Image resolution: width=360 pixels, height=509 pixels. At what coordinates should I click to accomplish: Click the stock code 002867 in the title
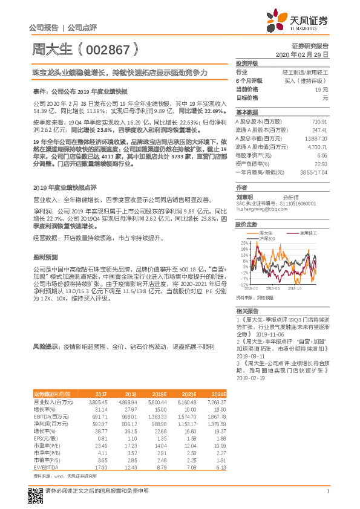click(x=106, y=49)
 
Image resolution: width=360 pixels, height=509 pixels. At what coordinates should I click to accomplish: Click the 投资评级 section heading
click(x=246, y=63)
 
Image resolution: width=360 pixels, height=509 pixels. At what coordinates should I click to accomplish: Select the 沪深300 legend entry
click(x=266, y=238)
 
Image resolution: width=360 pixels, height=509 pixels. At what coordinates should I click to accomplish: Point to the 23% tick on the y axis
click(x=243, y=243)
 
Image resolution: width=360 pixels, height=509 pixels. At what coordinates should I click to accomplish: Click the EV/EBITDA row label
click(x=45, y=450)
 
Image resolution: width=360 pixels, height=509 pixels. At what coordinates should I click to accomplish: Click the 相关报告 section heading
click(x=246, y=310)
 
